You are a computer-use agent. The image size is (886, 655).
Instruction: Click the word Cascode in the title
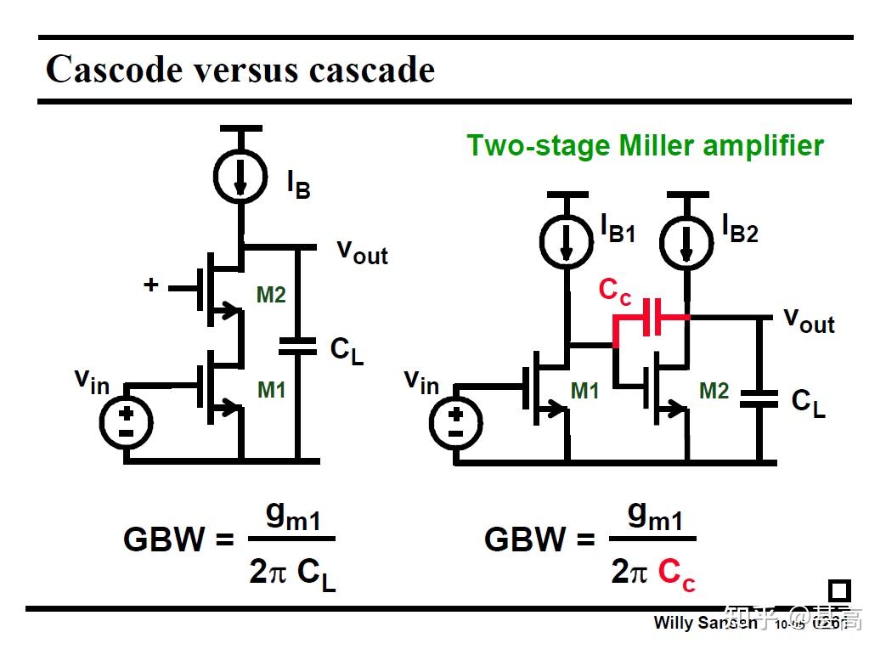115,70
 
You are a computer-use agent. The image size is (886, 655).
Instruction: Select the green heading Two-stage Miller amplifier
645,145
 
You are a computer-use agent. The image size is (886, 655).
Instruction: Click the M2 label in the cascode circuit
271,296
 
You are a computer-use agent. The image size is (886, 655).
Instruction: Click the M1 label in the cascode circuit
271,390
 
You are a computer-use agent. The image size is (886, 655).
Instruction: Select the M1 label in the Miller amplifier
584,390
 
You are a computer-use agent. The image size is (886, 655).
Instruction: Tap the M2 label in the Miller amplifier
714,390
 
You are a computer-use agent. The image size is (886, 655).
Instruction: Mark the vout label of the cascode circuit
362,251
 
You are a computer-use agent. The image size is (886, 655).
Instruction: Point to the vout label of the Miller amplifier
809,319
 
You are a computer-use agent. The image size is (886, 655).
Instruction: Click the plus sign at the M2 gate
150,285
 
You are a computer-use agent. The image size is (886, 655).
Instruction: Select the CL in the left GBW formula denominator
316,573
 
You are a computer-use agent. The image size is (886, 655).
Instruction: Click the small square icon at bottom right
838,590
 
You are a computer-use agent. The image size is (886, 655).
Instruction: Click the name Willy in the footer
673,623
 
